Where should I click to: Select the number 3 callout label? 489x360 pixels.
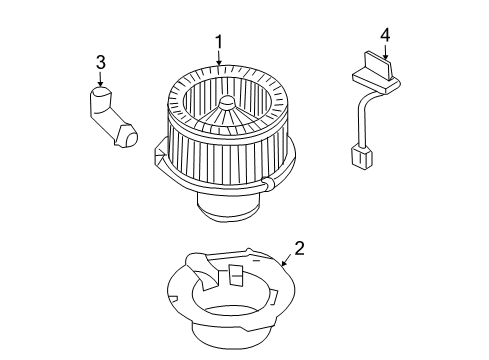click(100, 64)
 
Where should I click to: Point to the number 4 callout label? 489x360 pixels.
click(384, 36)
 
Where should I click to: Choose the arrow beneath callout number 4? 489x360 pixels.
click(384, 53)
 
